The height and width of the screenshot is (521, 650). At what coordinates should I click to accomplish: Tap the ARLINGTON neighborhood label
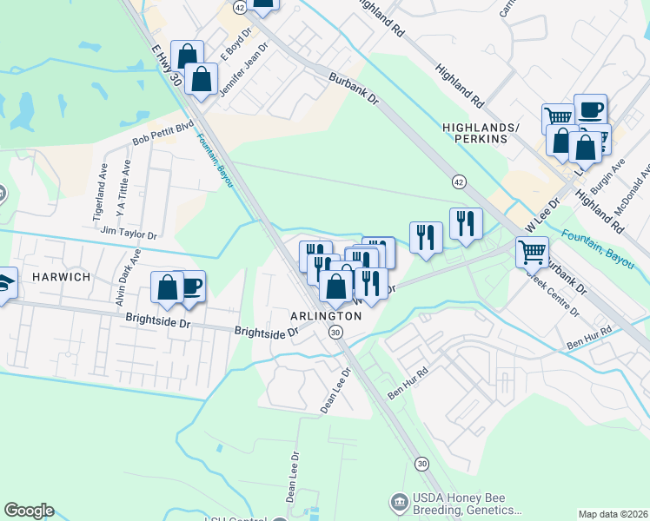tap(326, 315)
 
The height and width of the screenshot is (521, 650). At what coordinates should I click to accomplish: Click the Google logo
tap(29, 511)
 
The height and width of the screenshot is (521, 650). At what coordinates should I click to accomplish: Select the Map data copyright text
tap(612, 514)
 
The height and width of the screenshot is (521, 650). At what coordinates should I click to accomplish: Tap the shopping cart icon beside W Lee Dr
tap(532, 253)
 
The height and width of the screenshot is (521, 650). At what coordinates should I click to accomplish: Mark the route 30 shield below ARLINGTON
tap(335, 333)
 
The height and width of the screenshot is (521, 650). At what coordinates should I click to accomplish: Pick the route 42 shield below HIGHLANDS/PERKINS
tap(457, 181)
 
